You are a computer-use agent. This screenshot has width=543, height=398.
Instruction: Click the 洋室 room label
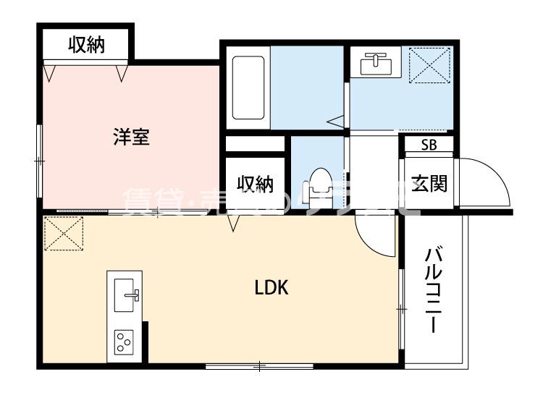(x=131, y=137)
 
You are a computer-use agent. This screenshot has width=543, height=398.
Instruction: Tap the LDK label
(x=271, y=288)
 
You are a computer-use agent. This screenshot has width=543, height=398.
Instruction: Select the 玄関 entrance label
(x=429, y=183)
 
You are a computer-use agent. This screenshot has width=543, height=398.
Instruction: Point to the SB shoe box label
(x=429, y=144)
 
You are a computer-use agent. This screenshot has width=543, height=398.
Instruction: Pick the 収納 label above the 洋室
(x=87, y=45)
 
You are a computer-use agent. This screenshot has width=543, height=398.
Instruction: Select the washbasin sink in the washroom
(x=375, y=63)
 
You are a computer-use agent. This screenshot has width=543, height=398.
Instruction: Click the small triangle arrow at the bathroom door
(x=335, y=122)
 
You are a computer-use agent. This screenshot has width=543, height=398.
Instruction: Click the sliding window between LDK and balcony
(x=400, y=308)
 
